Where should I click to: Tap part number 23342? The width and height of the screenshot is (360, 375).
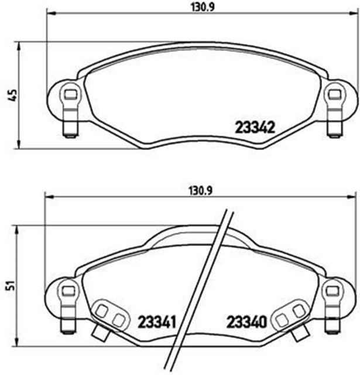point(255,127)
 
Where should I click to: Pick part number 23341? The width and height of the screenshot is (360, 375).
point(157,322)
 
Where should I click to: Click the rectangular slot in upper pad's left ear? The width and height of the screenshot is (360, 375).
point(70,93)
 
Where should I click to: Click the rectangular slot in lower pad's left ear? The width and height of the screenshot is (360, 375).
point(68,289)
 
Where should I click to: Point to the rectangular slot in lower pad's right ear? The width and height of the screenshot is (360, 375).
point(332,289)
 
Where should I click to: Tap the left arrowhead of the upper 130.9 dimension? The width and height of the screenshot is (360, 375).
point(49,14)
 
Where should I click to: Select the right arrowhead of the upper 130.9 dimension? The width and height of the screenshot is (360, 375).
point(352,14)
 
